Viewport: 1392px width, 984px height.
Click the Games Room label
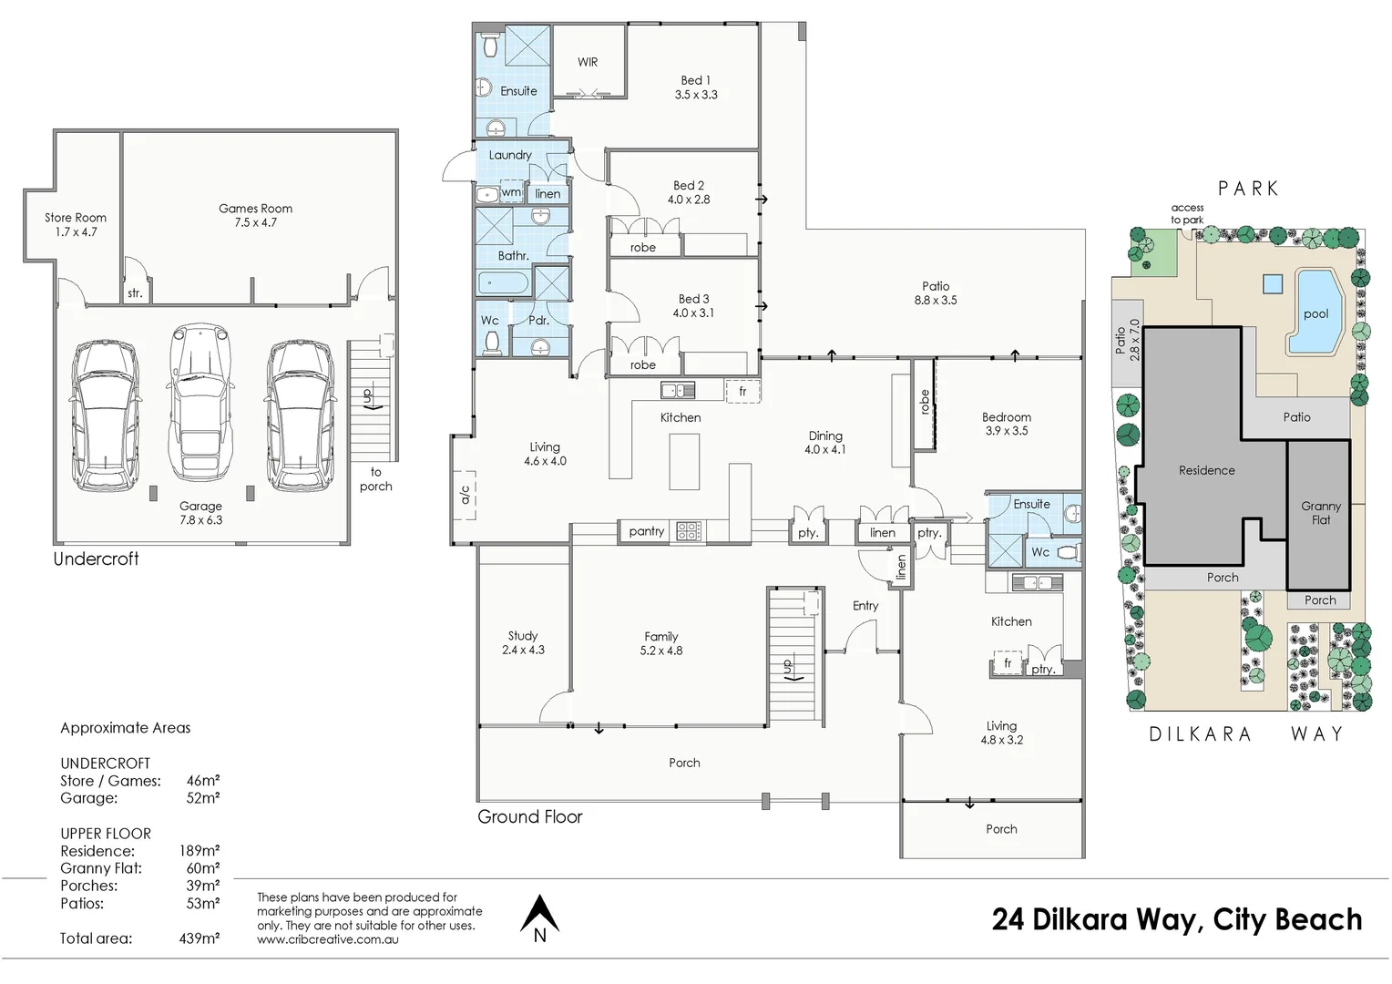255,215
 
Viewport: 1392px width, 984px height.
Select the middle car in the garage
200,402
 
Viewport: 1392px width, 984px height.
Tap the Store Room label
76,224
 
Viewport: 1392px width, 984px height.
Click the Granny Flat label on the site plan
1321,513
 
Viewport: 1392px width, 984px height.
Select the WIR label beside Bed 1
588,62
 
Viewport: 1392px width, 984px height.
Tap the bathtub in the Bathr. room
503,283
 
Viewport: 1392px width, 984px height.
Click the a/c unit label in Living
465,495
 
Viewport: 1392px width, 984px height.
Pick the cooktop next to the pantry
689,531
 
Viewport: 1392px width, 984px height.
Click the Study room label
523,642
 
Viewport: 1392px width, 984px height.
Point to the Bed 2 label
689,192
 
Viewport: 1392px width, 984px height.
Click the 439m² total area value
199,938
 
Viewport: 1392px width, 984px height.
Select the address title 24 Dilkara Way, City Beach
1176,920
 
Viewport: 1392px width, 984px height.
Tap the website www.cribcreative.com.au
327,939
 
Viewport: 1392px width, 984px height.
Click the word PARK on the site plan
1248,189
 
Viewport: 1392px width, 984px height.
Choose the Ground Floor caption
529,816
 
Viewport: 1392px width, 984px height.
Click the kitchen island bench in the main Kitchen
684,461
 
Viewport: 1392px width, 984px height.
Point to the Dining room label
825,443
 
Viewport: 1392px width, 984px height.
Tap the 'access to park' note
1187,214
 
